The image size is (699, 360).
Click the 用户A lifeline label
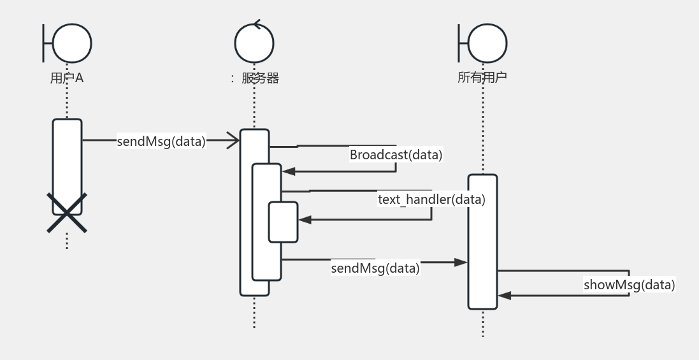pos(67,78)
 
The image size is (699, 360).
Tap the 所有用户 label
pos(482,78)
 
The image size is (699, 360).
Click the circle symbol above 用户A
pos(72,43)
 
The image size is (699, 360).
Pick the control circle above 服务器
pos(254,43)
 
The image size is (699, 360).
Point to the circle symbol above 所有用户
pos(487,43)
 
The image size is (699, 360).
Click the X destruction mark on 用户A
pos(67,213)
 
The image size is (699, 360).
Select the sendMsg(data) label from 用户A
pos(161,141)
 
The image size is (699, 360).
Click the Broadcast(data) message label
pos(396,155)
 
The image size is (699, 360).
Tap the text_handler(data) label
pos(431,199)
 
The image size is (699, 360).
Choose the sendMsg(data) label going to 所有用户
pos(375,268)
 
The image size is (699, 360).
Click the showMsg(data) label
pos(629,285)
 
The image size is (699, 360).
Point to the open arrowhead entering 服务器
pos(234,141)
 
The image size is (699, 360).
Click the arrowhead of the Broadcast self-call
pos(288,171)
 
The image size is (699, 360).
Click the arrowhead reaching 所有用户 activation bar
pos(461,262)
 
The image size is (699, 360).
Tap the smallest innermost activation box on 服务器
pos(283,222)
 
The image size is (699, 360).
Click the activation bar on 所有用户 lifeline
pos(482,241)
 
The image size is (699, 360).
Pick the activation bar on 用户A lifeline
pos(67,159)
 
